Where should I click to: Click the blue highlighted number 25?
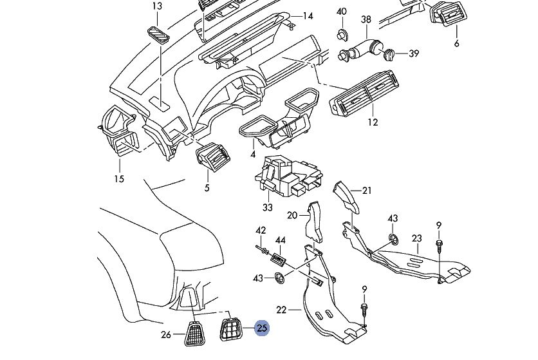pos(262,328)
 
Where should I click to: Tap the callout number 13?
pos(158,6)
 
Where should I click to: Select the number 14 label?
pos(308,16)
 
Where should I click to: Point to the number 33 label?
pos(268,207)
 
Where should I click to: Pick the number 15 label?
pos(118,178)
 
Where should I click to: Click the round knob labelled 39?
pos(389,55)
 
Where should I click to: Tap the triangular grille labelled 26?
pos(195,334)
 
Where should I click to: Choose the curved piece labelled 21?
pos(344,194)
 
